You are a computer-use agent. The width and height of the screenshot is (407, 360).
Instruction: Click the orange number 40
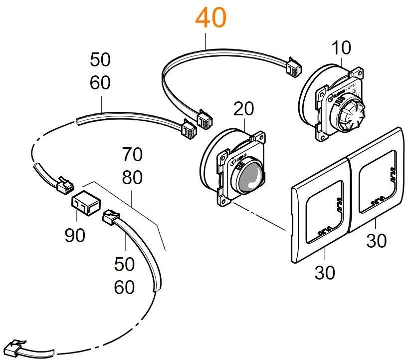coord(210,18)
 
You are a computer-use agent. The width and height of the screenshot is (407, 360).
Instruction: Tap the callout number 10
coord(341,48)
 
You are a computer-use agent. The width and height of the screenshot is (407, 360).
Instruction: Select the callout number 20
coord(243,108)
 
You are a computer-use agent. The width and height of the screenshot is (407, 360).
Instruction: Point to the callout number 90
coord(75,235)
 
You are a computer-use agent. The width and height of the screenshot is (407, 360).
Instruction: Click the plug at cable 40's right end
coord(292,67)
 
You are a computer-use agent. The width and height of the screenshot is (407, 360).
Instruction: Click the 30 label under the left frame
coord(325,273)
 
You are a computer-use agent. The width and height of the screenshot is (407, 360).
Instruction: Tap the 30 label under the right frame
coord(377,241)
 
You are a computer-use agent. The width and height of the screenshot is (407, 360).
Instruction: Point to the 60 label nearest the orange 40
coord(100,83)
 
